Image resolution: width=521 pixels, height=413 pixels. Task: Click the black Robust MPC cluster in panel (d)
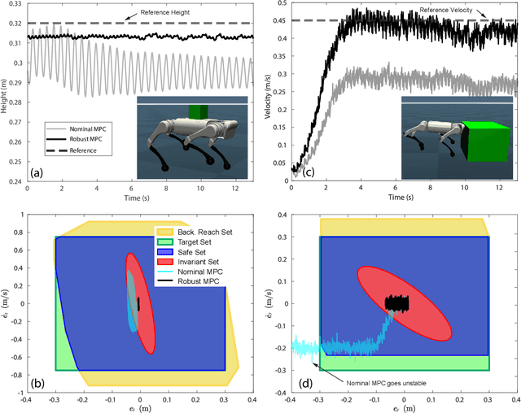click(396, 302)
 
